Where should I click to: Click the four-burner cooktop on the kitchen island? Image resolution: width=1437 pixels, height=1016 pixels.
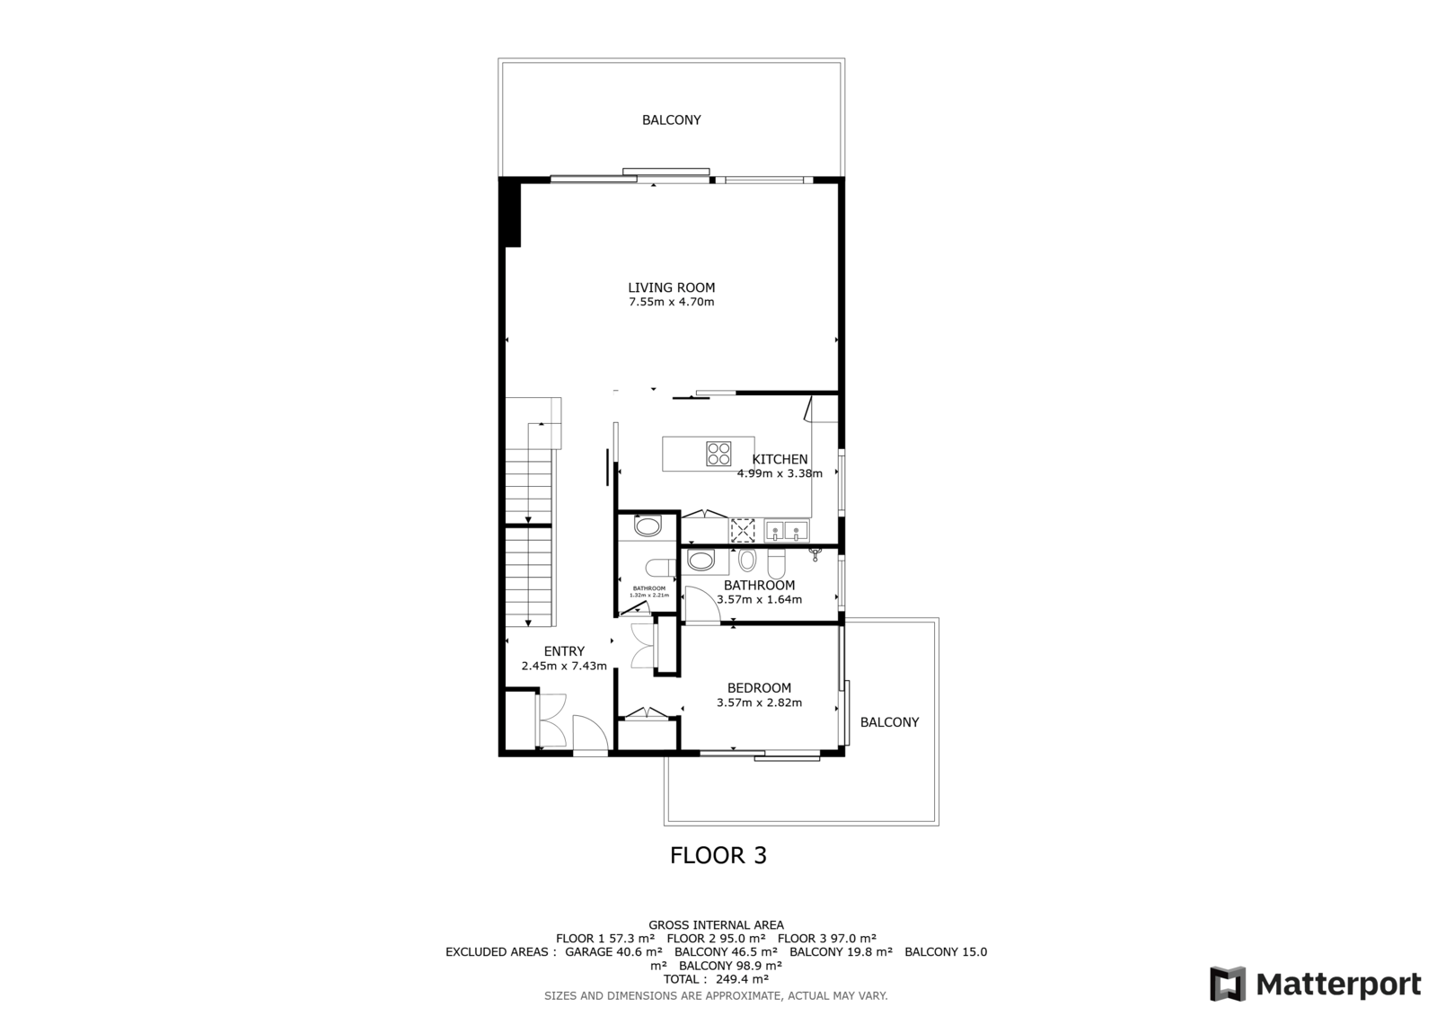pyautogui.click(x=718, y=454)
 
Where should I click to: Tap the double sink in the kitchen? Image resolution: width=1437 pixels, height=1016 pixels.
pyautogui.click(x=787, y=531)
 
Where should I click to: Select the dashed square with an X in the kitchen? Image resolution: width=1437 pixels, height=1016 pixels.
pyautogui.click(x=743, y=531)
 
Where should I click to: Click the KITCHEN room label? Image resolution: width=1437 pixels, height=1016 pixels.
pyautogui.click(x=780, y=459)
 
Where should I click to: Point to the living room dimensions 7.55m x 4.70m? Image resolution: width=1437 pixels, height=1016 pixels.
pyautogui.click(x=671, y=302)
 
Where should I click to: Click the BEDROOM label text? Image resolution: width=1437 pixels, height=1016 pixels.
pyautogui.click(x=759, y=687)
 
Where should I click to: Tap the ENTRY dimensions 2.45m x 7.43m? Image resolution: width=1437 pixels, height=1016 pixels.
pyautogui.click(x=564, y=666)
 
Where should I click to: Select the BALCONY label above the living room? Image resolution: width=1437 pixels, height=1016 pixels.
pyautogui.click(x=671, y=119)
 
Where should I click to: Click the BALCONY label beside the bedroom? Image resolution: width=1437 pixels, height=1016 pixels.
pyautogui.click(x=889, y=722)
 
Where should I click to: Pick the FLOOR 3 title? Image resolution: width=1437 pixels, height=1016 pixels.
pyautogui.click(x=718, y=855)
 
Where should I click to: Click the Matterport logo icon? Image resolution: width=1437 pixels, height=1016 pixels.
pyautogui.click(x=1227, y=984)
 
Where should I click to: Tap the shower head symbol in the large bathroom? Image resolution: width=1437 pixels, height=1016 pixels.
pyautogui.click(x=815, y=553)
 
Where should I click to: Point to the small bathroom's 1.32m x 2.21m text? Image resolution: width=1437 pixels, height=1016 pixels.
pyautogui.click(x=649, y=595)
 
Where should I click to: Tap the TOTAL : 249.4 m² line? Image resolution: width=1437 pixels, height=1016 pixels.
pyautogui.click(x=716, y=979)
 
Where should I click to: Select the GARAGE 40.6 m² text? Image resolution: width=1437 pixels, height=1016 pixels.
pyautogui.click(x=613, y=952)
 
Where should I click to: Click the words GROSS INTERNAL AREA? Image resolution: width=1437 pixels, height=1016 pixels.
pyautogui.click(x=716, y=925)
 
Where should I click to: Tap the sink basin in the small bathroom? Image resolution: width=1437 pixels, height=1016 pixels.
pyautogui.click(x=648, y=526)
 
